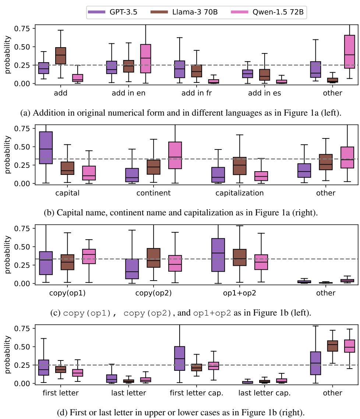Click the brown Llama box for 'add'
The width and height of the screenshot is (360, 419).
(60, 56)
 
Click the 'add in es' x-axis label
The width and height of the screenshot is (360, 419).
(264, 93)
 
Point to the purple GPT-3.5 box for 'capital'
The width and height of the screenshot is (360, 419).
(46, 148)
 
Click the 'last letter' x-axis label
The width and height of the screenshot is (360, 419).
(128, 393)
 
